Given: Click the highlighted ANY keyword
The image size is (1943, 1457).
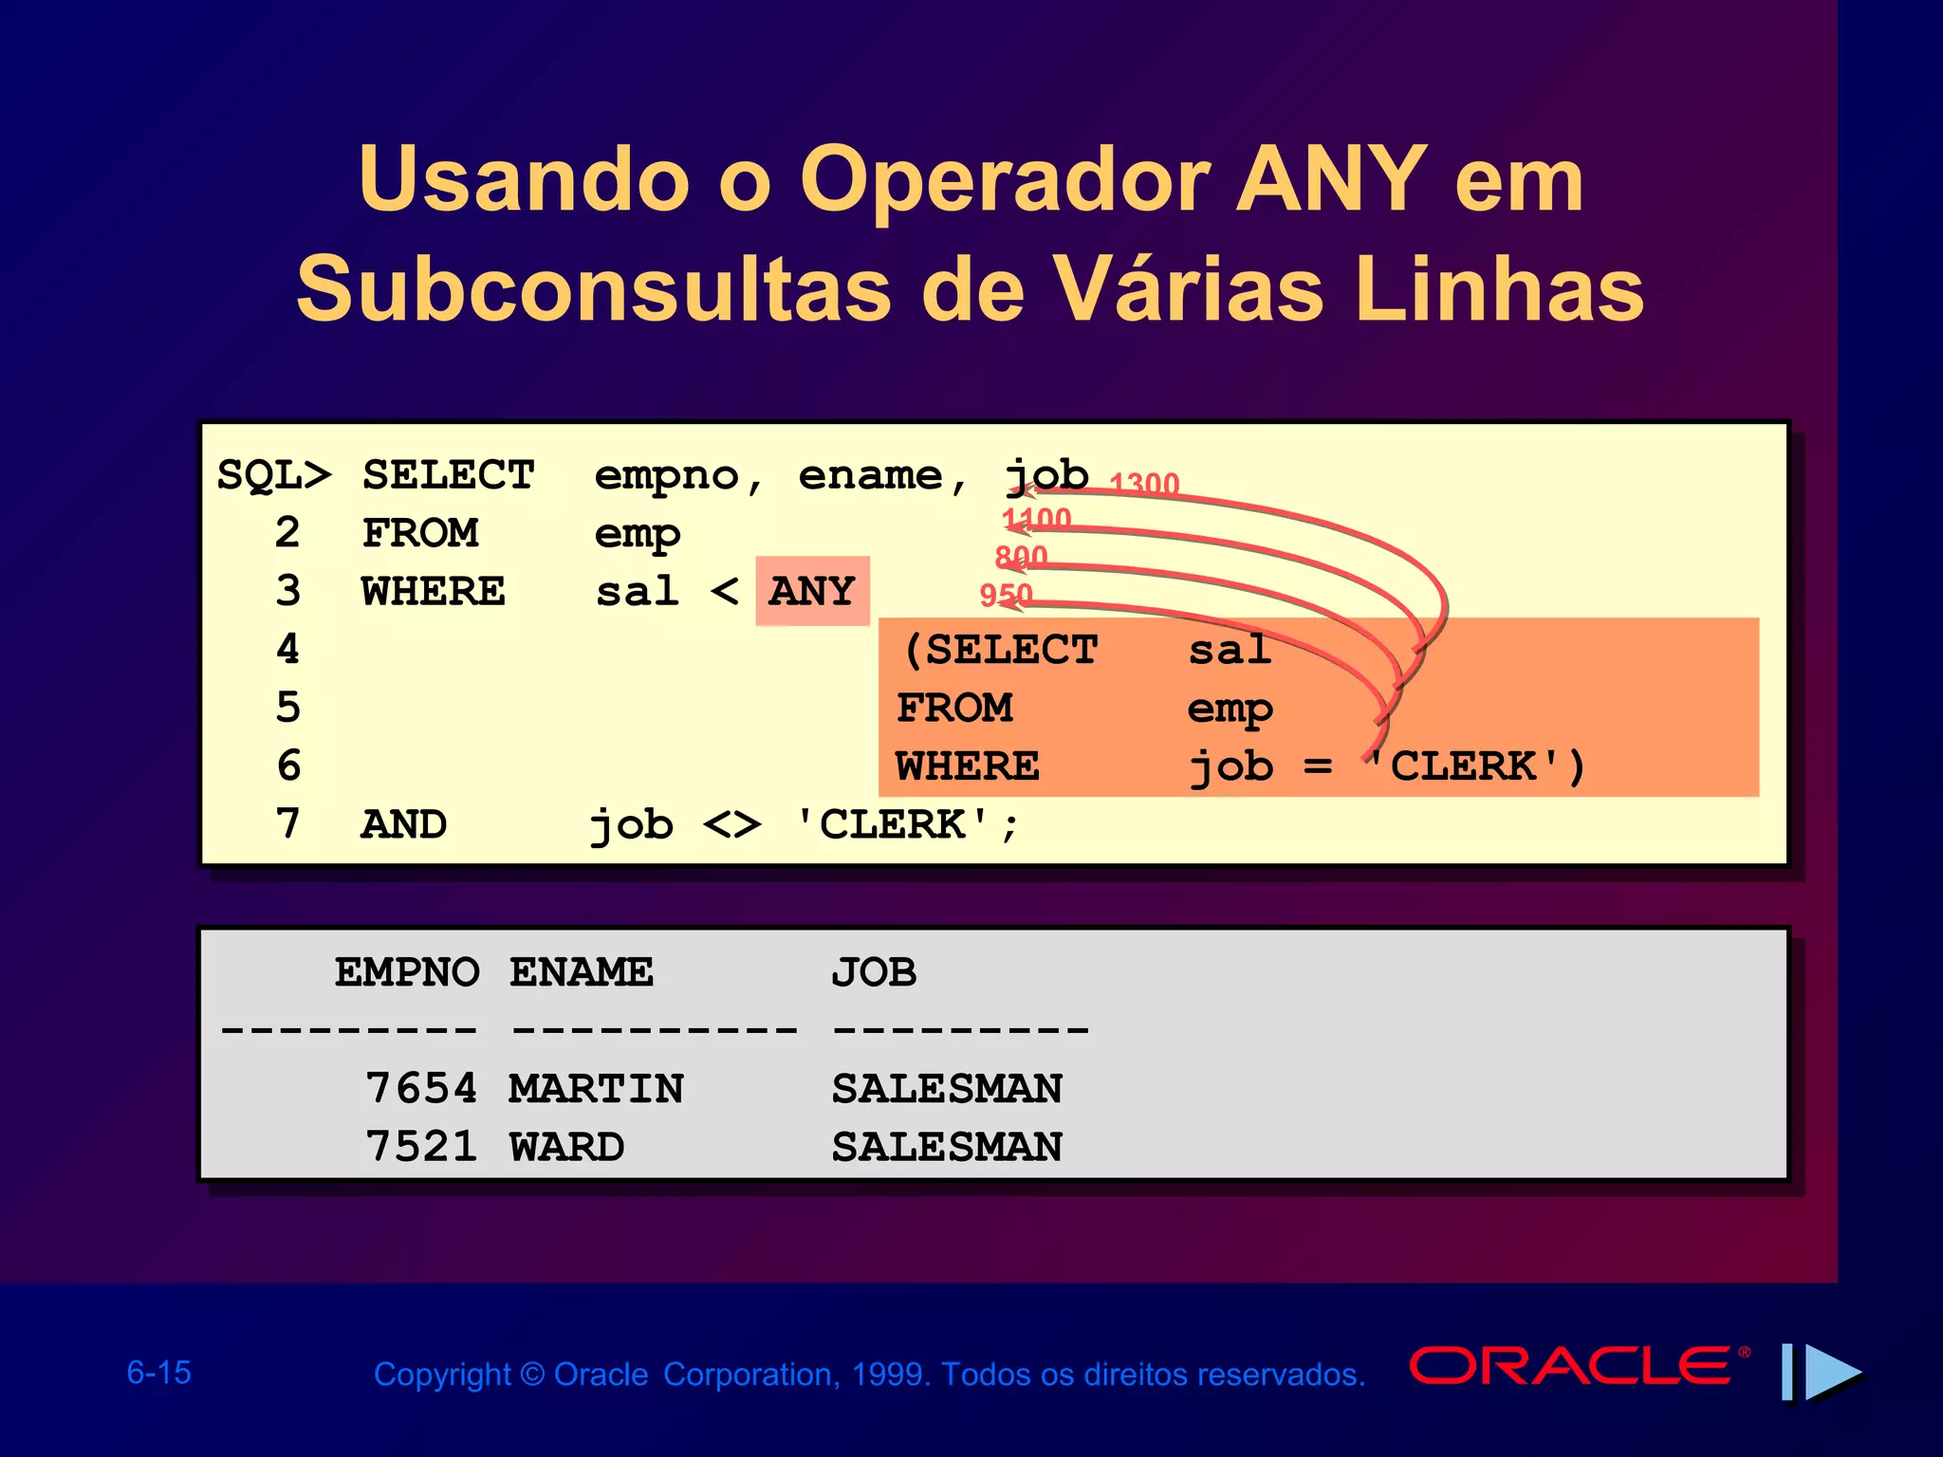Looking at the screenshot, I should pyautogui.click(x=812, y=592).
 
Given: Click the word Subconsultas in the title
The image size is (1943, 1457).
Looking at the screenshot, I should pyautogui.click(x=594, y=289).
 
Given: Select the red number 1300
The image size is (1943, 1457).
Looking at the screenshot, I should pyautogui.click(x=1144, y=484).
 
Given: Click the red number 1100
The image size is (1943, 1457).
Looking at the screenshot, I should pyautogui.click(x=1037, y=519).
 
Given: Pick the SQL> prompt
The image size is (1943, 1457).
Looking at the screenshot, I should pyautogui.click(x=274, y=475).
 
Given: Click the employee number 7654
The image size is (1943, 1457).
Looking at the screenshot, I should pyautogui.click(x=421, y=1089).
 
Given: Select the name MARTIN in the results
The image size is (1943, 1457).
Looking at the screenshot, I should pyautogui.click(x=596, y=1089).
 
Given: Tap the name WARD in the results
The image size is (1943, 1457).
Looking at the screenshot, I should pyautogui.click(x=567, y=1148).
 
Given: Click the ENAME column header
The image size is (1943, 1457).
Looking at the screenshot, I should pyautogui.click(x=582, y=972).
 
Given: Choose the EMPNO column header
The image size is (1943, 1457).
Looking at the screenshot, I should pyautogui.click(x=407, y=972).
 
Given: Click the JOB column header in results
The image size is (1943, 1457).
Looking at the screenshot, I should pyautogui.click(x=874, y=972).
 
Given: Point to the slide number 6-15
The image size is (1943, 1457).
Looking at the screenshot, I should pyautogui.click(x=159, y=1373).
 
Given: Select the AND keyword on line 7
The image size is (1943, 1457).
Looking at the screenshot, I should pyautogui.click(x=404, y=825).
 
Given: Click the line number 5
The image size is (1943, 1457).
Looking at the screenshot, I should pyautogui.click(x=288, y=708).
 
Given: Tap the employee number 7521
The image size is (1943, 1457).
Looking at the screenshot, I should pyautogui.click(x=421, y=1148).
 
